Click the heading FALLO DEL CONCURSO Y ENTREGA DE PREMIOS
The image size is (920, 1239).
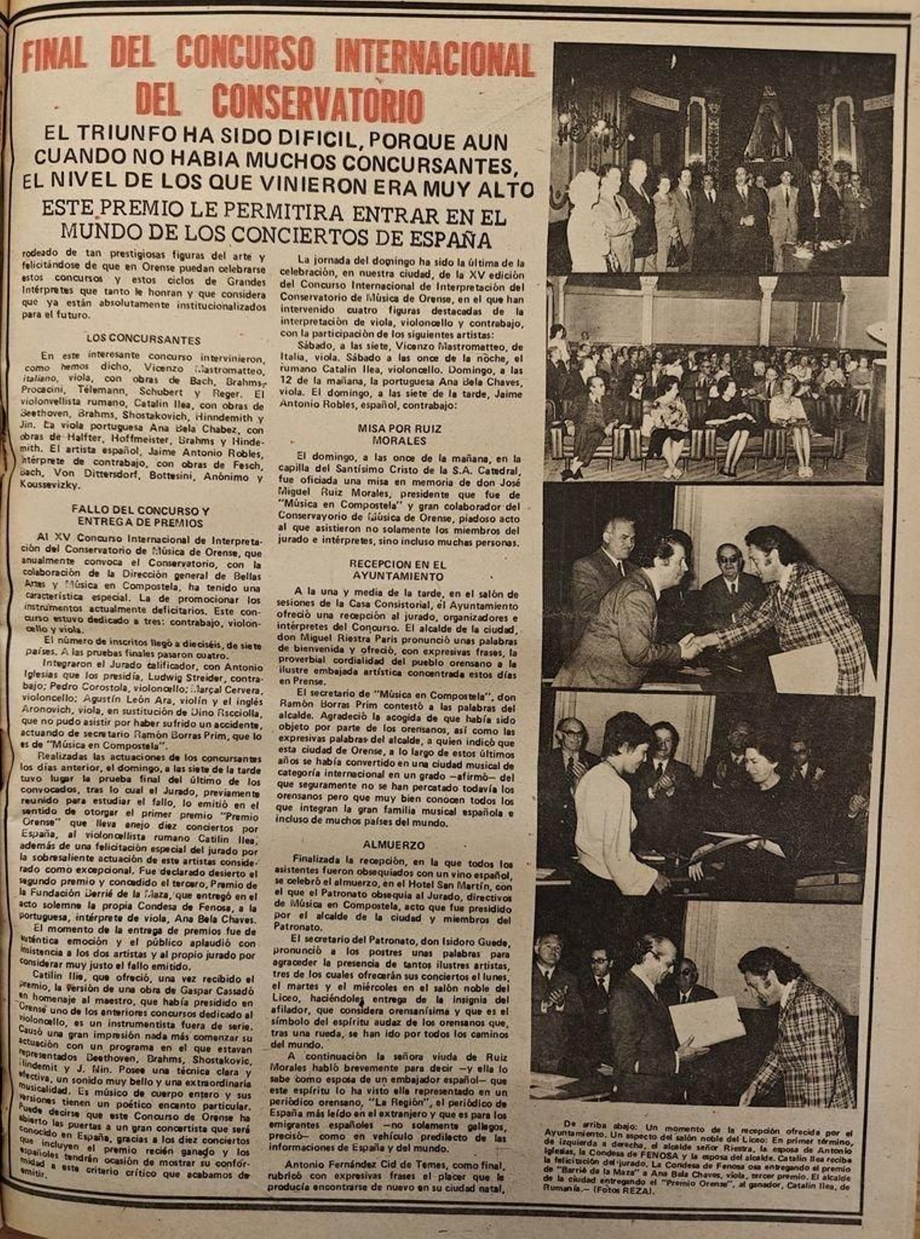click(x=140, y=517)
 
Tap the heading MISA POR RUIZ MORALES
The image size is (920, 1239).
click(x=399, y=434)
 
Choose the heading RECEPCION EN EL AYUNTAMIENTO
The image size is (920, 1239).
click(x=398, y=570)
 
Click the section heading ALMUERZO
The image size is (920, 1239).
click(x=393, y=845)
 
